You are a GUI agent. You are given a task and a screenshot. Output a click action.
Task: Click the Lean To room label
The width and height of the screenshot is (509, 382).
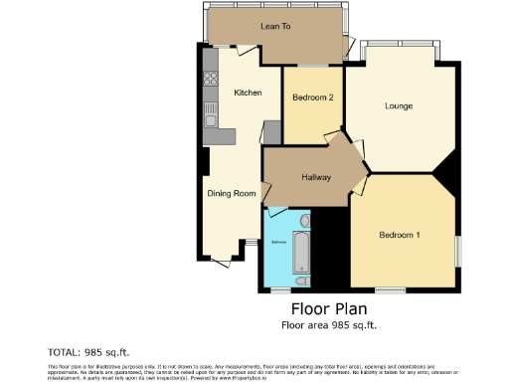[x=275, y=26]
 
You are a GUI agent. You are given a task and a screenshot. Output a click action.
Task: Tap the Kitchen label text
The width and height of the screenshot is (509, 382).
[x=248, y=93]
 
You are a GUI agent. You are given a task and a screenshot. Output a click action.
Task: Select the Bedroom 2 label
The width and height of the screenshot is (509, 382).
[x=311, y=97]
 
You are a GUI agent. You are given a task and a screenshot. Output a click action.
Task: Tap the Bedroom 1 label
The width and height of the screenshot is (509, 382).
[x=400, y=235]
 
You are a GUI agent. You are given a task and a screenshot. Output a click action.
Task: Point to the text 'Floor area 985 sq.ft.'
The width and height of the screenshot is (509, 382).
[x=329, y=324]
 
